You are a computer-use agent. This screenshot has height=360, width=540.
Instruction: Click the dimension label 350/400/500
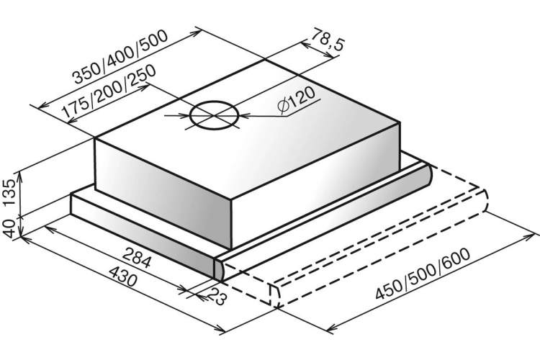pyautogui.click(x=121, y=57)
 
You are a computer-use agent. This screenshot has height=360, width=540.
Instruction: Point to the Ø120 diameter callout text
pyautogui.click(x=297, y=100)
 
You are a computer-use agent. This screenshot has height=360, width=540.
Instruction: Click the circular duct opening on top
pyautogui.click(x=214, y=115)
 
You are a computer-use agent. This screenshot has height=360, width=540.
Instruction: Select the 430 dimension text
pyautogui.click(x=123, y=276)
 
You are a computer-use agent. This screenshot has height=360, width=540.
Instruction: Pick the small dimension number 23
pyautogui.click(x=217, y=296)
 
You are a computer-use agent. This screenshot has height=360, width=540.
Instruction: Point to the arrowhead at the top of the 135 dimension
pyautogui.click(x=20, y=175)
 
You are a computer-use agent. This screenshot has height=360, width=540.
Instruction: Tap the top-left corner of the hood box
pyautogui.click(x=94, y=138)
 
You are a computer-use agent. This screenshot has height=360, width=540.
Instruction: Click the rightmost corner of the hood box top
pyautogui.click(x=400, y=122)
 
